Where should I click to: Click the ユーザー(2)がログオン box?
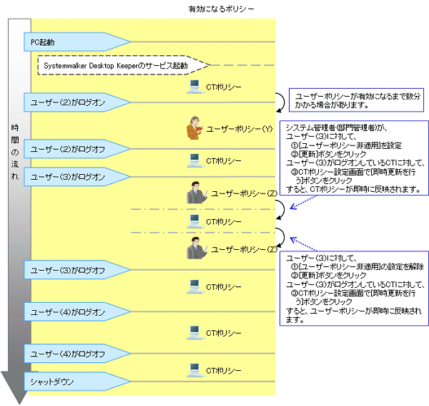71,102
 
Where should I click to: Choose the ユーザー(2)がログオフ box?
71,150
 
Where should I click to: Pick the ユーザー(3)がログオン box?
71,176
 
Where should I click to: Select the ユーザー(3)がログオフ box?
71,270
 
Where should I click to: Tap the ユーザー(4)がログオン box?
71,313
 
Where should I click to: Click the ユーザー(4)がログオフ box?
71,354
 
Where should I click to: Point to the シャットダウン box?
71,380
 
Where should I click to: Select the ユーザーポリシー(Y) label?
240,130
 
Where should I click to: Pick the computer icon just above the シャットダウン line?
193,370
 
